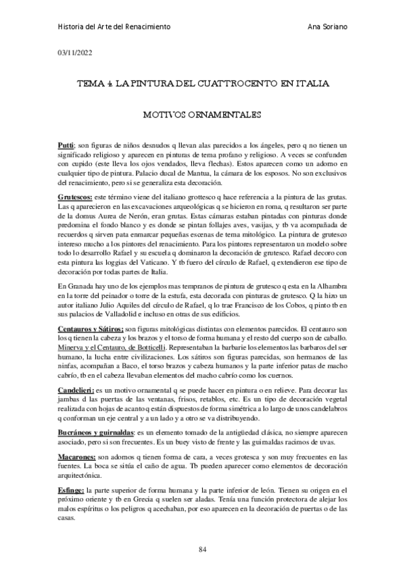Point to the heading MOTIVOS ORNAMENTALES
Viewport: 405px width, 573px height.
(202, 115)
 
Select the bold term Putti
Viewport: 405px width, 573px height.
(66, 146)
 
